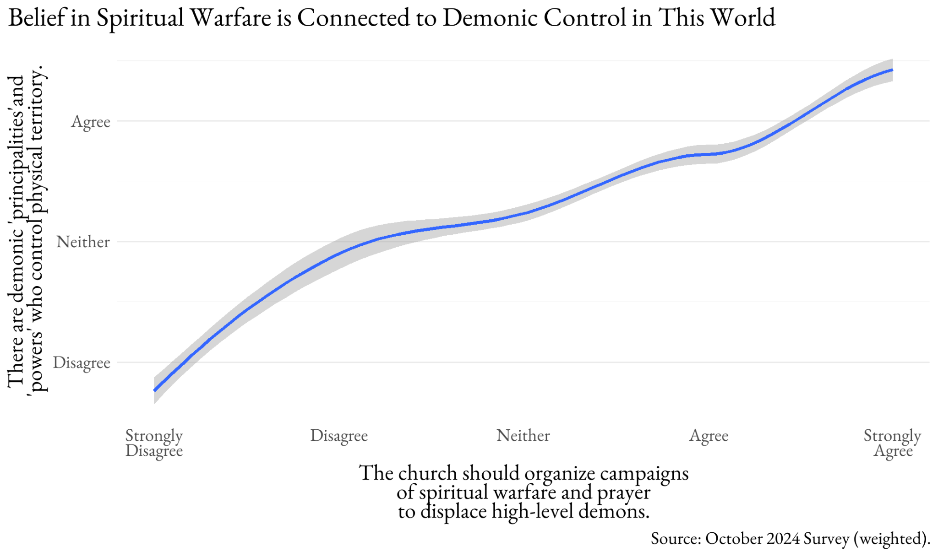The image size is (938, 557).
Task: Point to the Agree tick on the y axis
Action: point(91,122)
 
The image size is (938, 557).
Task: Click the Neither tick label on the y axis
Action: point(83,242)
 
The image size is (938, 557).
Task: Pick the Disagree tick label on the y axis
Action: point(82,362)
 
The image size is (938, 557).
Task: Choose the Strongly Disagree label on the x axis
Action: point(154,443)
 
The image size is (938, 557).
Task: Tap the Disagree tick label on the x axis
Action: point(339,435)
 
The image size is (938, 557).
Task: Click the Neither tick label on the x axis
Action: point(523,435)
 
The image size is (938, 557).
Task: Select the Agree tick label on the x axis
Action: point(709,436)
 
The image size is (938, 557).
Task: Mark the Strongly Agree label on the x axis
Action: point(892,443)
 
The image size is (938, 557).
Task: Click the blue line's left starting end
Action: point(155,390)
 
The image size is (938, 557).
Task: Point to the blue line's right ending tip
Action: point(892,70)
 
